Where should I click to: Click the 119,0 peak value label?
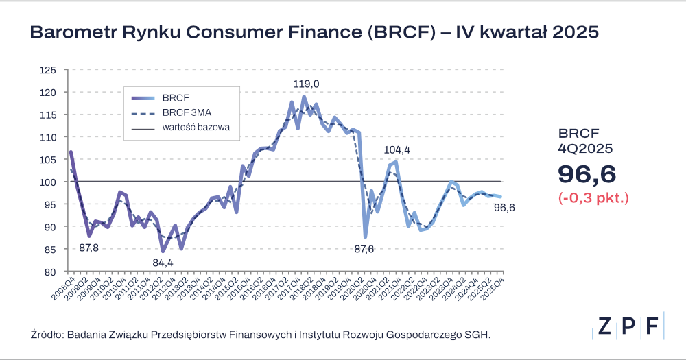coord(307,84)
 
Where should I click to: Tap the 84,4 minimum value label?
coord(163,263)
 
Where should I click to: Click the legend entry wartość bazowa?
coord(196,128)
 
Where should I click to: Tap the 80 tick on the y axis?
coord(49,272)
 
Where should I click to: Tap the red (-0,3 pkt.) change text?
coord(594,199)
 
